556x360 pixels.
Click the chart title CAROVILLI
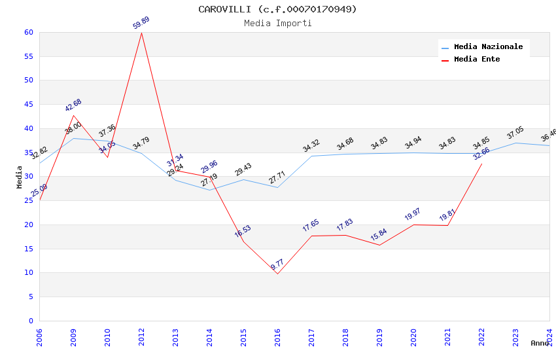278,9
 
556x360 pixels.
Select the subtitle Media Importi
278,23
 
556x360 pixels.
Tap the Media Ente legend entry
477,60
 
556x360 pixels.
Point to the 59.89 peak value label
141,23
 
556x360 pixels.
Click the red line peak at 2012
141,33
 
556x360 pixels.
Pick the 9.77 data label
277,264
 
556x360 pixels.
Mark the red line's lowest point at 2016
277,274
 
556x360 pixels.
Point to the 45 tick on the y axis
28,105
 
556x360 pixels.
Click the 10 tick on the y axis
28,273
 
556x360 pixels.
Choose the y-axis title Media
20,177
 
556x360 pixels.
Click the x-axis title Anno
540,343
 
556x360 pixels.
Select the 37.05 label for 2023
515,134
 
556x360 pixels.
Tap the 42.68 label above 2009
73,105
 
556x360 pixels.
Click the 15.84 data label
379,235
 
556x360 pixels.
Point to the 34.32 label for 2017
311,146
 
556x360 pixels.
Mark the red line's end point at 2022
481,164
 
